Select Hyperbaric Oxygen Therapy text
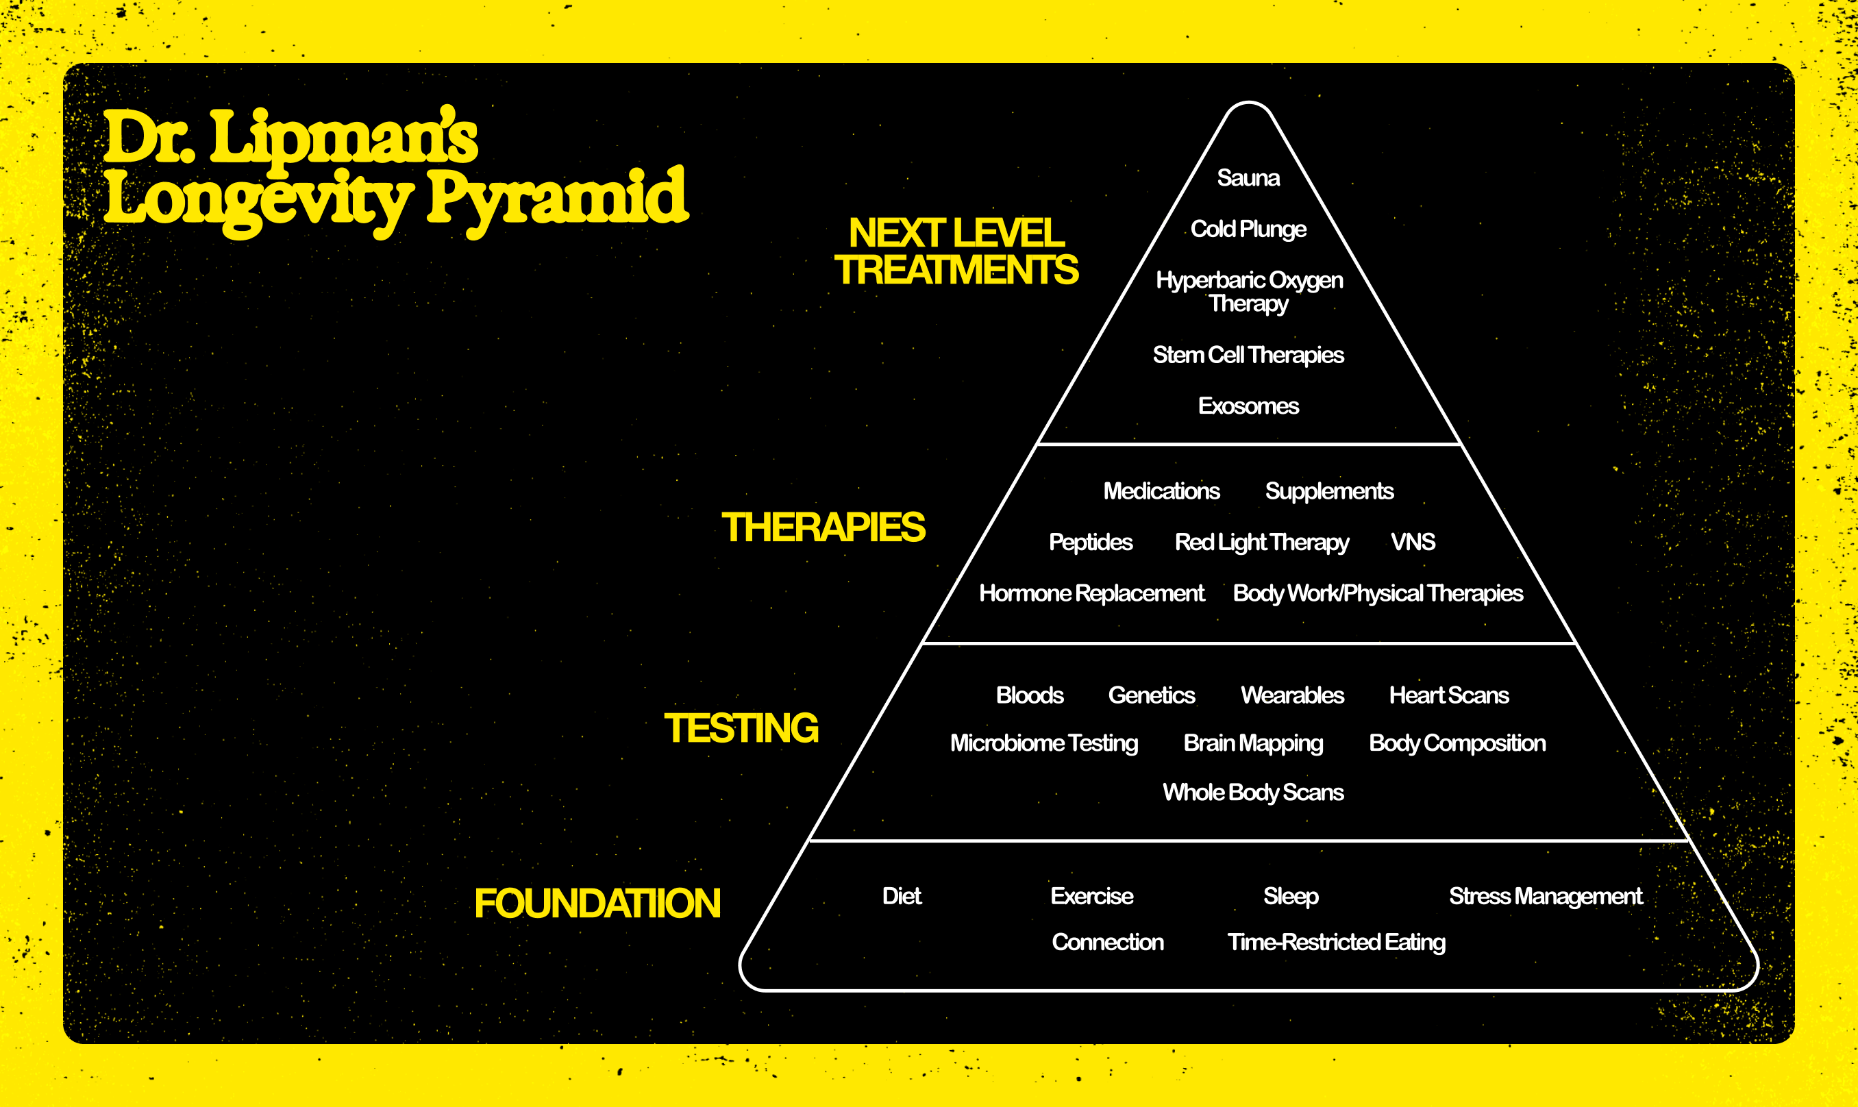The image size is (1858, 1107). pyautogui.click(x=1249, y=292)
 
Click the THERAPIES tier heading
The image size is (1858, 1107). pyautogui.click(x=823, y=527)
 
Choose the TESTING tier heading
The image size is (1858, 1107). pyautogui.click(x=741, y=728)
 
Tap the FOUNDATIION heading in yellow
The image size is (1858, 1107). pyautogui.click(x=597, y=904)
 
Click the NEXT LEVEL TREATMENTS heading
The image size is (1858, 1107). pyautogui.click(x=956, y=251)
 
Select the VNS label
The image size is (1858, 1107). pyautogui.click(x=1412, y=542)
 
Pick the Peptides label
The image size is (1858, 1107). pyautogui.click(x=1090, y=543)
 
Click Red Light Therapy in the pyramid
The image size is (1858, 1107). pyautogui.click(x=1261, y=543)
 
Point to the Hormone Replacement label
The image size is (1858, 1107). pyautogui.click(x=1091, y=593)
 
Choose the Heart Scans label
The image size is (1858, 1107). pyautogui.click(x=1448, y=695)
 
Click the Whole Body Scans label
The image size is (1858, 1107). pyautogui.click(x=1252, y=792)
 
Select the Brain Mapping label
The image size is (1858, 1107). pyautogui.click(x=1253, y=744)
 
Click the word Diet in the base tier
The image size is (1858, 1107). pyautogui.click(x=901, y=896)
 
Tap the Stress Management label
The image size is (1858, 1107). pyautogui.click(x=1545, y=896)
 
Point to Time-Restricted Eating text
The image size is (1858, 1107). pyautogui.click(x=1336, y=943)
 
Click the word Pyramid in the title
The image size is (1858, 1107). pyautogui.click(x=556, y=198)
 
